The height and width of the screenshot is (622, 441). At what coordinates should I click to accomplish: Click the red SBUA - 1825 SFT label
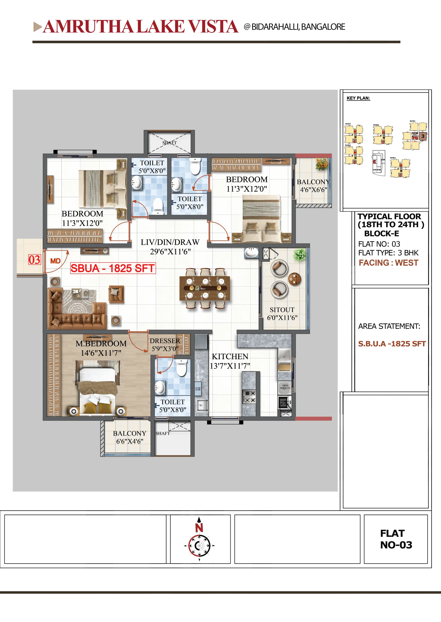(113, 268)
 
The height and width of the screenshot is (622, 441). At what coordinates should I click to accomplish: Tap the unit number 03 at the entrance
(35, 260)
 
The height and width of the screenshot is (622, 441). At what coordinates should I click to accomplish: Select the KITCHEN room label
(230, 356)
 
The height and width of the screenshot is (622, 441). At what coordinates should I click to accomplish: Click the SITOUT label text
(282, 310)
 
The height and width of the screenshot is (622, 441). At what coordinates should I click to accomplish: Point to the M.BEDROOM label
(101, 344)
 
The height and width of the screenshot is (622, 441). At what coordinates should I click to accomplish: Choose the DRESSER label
(165, 341)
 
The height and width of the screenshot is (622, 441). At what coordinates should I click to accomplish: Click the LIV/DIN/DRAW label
(170, 242)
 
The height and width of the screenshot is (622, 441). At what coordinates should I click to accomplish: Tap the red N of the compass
(199, 528)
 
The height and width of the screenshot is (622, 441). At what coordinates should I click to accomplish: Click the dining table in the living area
(205, 288)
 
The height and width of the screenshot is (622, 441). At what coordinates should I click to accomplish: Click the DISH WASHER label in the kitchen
(285, 387)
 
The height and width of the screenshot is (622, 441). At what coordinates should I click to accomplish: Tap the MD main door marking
(55, 261)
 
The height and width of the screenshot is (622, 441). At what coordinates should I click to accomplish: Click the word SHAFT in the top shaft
(169, 143)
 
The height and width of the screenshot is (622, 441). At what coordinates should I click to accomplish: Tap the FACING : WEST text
(389, 263)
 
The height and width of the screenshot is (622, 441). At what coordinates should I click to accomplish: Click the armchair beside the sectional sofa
(116, 294)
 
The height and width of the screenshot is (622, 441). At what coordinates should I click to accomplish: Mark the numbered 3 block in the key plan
(423, 136)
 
